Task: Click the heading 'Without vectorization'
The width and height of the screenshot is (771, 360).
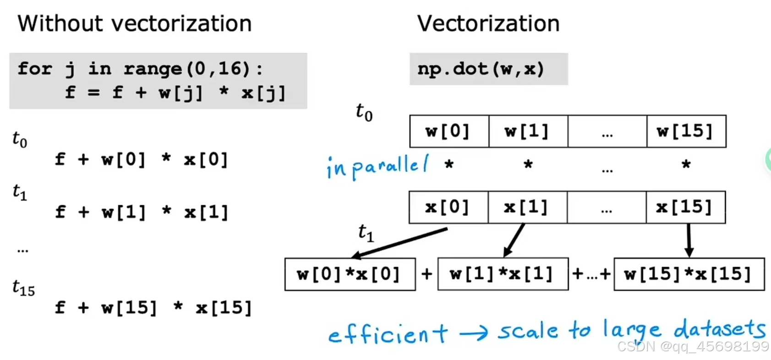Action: [x=135, y=23]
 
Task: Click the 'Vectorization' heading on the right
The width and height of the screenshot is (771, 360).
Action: [x=488, y=23]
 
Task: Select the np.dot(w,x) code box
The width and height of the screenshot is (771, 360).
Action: [x=488, y=69]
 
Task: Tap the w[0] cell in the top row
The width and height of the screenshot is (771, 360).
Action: [x=449, y=131]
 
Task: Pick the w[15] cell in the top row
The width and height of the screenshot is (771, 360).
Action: [x=686, y=131]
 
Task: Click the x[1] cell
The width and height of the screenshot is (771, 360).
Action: [x=527, y=207]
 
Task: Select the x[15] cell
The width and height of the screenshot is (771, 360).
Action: [x=685, y=207]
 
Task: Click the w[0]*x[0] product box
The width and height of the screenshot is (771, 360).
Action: [x=350, y=274]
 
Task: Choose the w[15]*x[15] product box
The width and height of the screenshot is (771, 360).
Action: [x=689, y=274]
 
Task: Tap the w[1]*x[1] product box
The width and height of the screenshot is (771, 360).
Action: [x=503, y=274]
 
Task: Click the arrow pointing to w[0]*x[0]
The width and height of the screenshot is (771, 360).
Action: [x=399, y=243]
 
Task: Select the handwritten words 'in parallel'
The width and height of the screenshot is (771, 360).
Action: [x=377, y=167]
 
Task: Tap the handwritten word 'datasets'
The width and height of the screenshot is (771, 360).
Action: [x=719, y=329]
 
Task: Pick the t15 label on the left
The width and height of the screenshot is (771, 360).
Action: [x=23, y=288]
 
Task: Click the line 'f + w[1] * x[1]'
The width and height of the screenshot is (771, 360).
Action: [x=142, y=212]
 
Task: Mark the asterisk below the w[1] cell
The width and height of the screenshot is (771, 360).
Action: [x=528, y=164]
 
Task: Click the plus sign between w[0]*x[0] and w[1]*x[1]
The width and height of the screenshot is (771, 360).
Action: [x=427, y=274]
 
